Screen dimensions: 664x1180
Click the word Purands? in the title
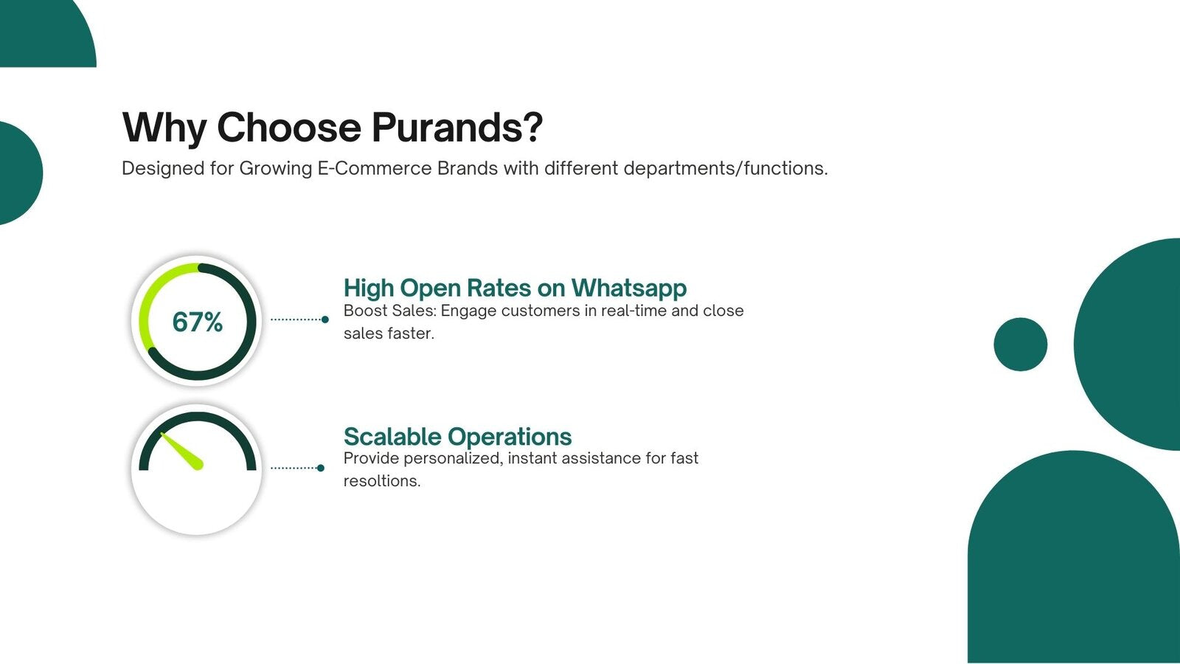click(457, 128)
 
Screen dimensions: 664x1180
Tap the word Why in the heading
click(164, 128)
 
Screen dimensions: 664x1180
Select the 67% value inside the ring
click(197, 322)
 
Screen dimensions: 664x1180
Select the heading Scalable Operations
click(457, 437)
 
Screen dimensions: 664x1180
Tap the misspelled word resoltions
click(381, 481)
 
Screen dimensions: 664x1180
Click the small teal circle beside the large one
click(1020, 345)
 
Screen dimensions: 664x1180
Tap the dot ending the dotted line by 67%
click(324, 319)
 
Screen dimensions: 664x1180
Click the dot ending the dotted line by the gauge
click(320, 468)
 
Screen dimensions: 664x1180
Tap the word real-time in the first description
click(634, 311)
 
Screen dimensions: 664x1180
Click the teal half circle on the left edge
click(18, 173)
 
